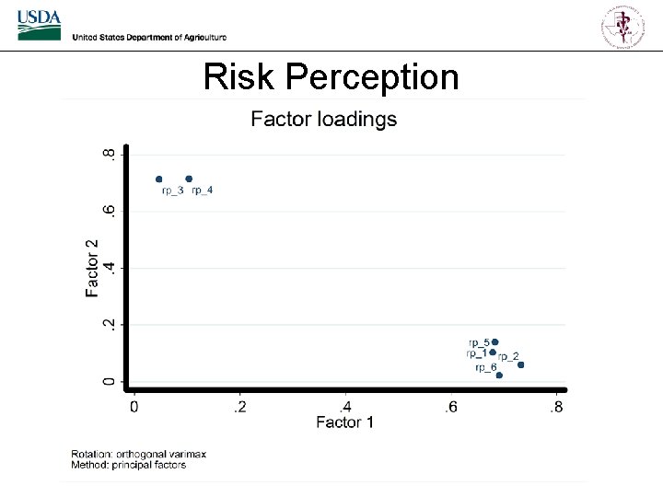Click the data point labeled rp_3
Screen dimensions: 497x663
tap(159, 179)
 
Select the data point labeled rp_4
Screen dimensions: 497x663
tap(189, 179)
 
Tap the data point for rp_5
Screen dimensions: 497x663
tap(494, 342)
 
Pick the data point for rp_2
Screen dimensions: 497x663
tap(521, 365)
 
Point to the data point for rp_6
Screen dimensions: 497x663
tap(499, 376)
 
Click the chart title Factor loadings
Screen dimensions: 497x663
tap(324, 120)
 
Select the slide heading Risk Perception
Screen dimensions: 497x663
tap(331, 76)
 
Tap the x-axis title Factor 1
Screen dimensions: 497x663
tap(344, 422)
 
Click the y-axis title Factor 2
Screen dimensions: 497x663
tap(92, 268)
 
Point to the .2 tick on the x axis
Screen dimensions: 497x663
tap(239, 406)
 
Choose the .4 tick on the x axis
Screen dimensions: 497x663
tap(345, 406)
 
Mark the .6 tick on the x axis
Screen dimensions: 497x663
tap(450, 406)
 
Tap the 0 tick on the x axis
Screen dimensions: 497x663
tap(134, 406)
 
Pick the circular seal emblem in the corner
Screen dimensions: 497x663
tap(624, 25)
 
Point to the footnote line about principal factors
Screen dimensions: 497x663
tap(129, 465)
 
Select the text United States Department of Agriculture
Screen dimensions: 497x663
tap(148, 37)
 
